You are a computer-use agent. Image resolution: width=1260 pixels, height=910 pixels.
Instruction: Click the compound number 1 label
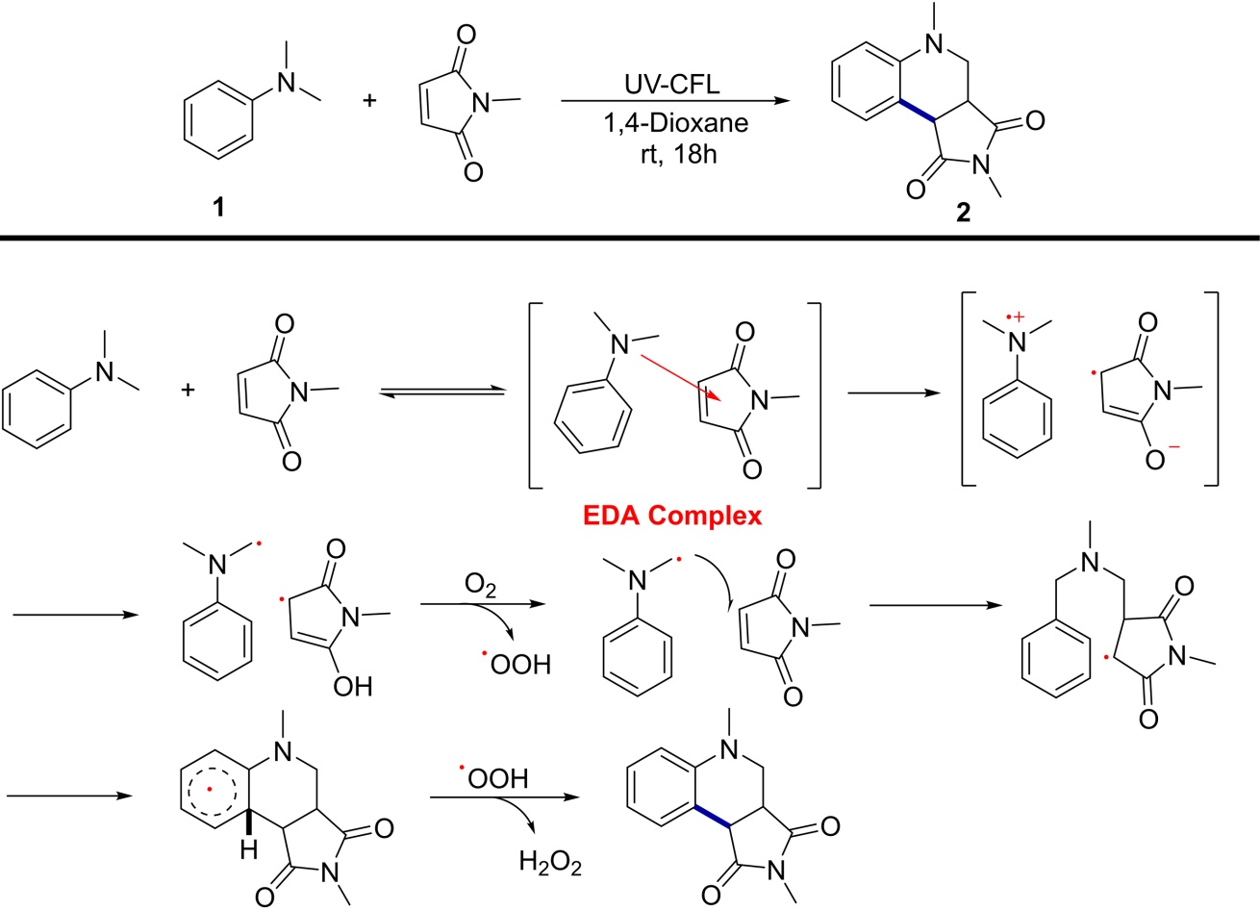click(218, 206)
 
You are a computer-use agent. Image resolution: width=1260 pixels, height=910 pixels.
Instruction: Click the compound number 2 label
click(963, 214)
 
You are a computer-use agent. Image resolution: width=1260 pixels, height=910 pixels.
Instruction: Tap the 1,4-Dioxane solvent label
click(670, 124)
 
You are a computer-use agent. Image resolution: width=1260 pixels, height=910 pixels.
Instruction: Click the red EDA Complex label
click(672, 516)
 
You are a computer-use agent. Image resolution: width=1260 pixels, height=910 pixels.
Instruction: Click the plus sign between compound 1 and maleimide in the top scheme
click(370, 99)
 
